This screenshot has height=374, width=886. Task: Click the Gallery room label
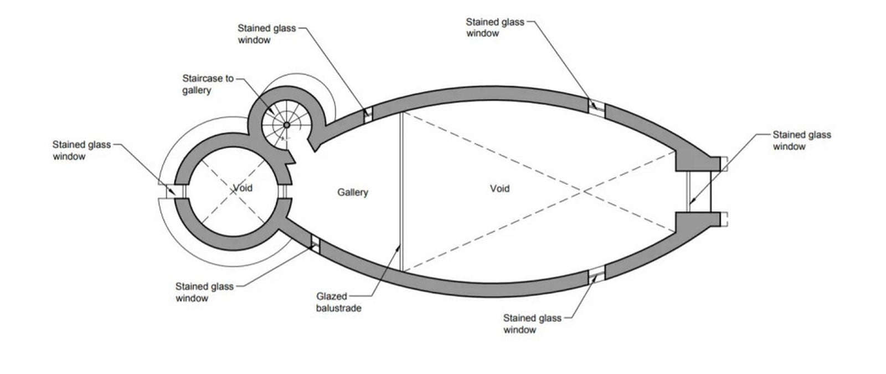(x=352, y=192)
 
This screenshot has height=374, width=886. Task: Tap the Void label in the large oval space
(x=499, y=188)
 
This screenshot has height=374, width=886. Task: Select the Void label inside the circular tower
(x=243, y=188)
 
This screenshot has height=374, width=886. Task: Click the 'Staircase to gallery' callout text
(x=208, y=84)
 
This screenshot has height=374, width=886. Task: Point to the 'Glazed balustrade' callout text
(x=338, y=302)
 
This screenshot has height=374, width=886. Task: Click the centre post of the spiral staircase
(x=287, y=125)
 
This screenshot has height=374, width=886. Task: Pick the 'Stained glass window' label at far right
(x=802, y=141)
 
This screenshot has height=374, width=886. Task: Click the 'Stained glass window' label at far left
(x=81, y=150)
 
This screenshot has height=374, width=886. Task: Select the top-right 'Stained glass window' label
(x=495, y=27)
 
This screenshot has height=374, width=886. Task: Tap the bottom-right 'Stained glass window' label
(x=532, y=324)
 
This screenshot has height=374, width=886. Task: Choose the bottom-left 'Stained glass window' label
(x=204, y=292)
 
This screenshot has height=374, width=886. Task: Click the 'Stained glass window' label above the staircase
(x=266, y=34)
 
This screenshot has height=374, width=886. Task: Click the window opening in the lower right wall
(x=596, y=275)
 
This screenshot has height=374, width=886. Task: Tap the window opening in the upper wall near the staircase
(x=368, y=114)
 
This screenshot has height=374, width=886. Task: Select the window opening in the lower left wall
(x=315, y=244)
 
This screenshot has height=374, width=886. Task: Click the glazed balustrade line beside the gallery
(x=401, y=192)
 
